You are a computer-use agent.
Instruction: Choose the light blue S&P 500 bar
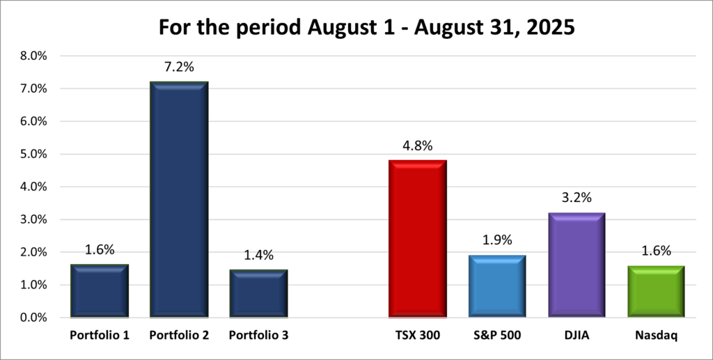(497, 286)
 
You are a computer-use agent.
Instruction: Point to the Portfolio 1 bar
(100, 291)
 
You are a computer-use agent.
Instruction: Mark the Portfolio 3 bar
(258, 294)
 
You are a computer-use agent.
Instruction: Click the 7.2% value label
(179, 67)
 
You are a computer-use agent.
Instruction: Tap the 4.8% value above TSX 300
(418, 146)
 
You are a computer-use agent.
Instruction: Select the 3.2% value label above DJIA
(577, 198)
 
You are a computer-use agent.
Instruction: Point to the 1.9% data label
(497, 240)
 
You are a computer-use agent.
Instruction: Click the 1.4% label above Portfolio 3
(258, 256)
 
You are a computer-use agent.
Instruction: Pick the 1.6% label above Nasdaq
(657, 251)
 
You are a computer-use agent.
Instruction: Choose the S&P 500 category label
(497, 335)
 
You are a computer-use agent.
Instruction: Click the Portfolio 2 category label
(179, 335)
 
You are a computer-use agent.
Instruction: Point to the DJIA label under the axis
(577, 335)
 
